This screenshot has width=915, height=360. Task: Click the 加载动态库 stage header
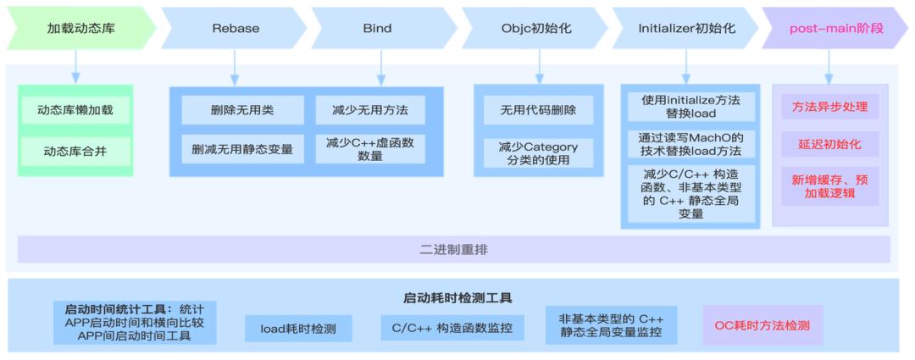tap(81, 28)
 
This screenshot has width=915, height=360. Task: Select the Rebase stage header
tap(236, 28)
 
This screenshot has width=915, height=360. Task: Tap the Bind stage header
tap(378, 28)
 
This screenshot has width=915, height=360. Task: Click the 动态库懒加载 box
tap(75, 110)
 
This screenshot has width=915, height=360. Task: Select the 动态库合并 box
tap(75, 152)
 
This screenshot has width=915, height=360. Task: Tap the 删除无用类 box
tap(242, 110)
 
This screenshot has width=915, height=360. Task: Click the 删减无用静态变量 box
tap(242, 149)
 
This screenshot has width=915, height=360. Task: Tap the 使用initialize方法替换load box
tap(690, 107)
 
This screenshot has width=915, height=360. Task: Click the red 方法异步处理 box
tap(829, 107)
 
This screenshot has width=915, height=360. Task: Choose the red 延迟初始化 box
tap(829, 144)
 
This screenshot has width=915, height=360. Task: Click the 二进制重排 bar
tap(454, 250)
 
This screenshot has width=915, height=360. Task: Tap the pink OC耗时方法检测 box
tap(762, 325)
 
